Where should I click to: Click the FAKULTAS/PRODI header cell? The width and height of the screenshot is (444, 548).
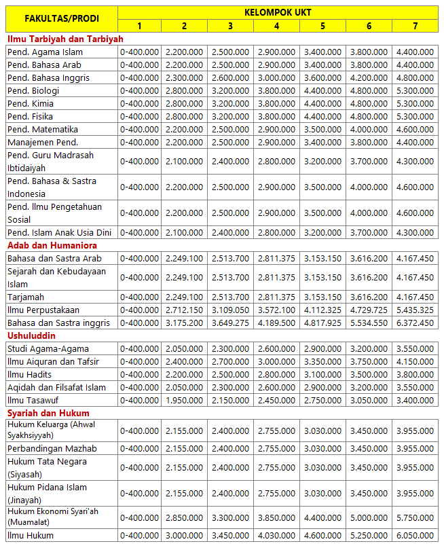pyautogui.click(x=62, y=18)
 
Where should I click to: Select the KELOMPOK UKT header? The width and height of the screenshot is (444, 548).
pyautogui.click(x=278, y=12)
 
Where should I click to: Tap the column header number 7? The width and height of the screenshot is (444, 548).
pyautogui.click(x=415, y=26)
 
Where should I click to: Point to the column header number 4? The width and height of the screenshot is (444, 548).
pyautogui.click(x=276, y=26)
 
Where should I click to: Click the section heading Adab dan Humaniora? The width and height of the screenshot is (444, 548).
pyautogui.click(x=52, y=245)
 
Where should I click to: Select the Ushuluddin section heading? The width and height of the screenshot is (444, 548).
pyautogui.click(x=32, y=335)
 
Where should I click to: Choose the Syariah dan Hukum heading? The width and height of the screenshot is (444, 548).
pyautogui.click(x=48, y=413)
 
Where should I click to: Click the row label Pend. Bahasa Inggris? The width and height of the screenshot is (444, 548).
pyautogui.click(x=48, y=78)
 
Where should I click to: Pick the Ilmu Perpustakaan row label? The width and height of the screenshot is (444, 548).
pyautogui.click(x=43, y=310)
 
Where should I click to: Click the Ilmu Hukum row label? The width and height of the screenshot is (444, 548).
pyautogui.click(x=31, y=535)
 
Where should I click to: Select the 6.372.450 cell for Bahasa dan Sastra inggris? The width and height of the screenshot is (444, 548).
pyautogui.click(x=415, y=323)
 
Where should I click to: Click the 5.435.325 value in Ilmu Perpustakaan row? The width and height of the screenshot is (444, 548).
pyautogui.click(x=415, y=310)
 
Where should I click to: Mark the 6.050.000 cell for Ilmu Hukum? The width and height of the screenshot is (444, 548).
pyautogui.click(x=415, y=535)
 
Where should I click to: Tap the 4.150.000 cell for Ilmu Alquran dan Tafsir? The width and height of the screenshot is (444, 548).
pyautogui.click(x=415, y=361)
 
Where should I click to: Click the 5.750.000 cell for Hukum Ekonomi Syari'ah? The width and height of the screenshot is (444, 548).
pyautogui.click(x=415, y=517)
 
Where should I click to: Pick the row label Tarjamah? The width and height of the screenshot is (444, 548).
pyautogui.click(x=26, y=297)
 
